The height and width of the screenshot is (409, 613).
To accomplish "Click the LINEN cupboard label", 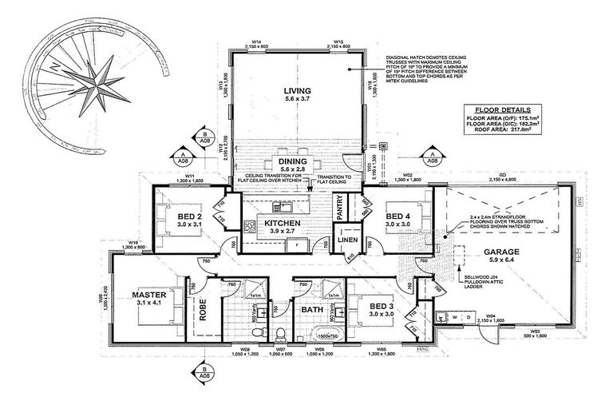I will [346, 240].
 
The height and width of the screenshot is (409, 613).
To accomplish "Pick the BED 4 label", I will [397, 216].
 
